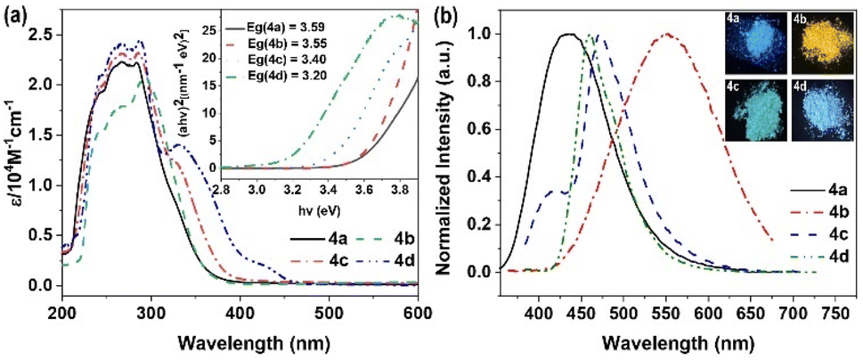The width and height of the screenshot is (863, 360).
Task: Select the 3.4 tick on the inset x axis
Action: coord(330,190)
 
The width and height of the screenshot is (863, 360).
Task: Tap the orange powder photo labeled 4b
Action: coord(819,44)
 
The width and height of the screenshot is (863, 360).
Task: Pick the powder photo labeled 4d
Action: coord(819,111)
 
